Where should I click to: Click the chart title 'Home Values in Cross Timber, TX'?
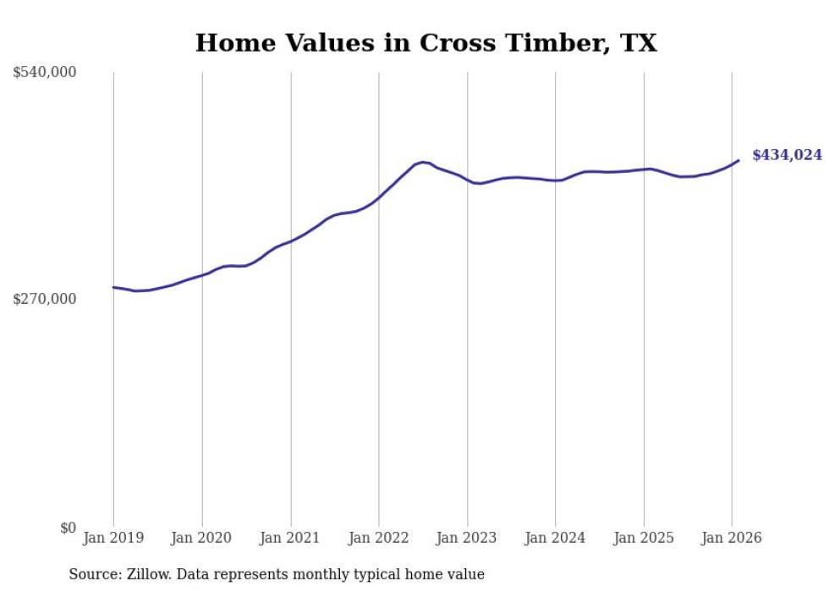[x=425, y=43]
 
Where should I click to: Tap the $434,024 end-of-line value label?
[x=787, y=155]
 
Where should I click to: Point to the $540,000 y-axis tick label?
[x=45, y=73]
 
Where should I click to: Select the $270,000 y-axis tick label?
[x=45, y=299]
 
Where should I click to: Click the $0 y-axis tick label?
[x=69, y=528]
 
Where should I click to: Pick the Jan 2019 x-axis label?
[x=113, y=539]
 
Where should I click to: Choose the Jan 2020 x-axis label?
[x=202, y=539]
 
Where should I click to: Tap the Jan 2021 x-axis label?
[x=290, y=539]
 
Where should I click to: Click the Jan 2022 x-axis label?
[x=378, y=539]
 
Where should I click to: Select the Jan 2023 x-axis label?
[x=467, y=539]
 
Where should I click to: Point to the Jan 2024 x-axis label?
[x=555, y=539]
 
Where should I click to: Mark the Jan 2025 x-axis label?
[x=644, y=539]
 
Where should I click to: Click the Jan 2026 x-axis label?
[x=732, y=539]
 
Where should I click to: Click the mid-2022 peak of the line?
[x=423, y=162]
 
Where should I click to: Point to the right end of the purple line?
[x=738, y=160]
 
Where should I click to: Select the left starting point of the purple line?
[x=113, y=287]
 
